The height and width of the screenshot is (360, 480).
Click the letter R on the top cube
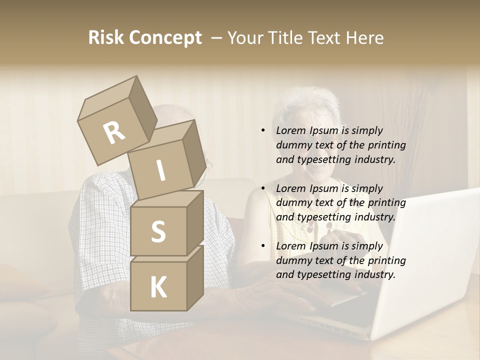[114, 132]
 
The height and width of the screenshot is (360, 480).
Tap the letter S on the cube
[158, 232]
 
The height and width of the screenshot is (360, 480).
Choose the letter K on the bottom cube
[158, 287]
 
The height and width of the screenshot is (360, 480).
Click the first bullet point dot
[263, 130]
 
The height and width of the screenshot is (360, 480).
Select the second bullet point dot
[263, 188]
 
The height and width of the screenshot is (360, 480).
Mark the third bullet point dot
[263, 246]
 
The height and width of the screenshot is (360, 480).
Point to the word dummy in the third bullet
[291, 260]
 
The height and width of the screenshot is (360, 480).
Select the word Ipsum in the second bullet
[324, 188]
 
